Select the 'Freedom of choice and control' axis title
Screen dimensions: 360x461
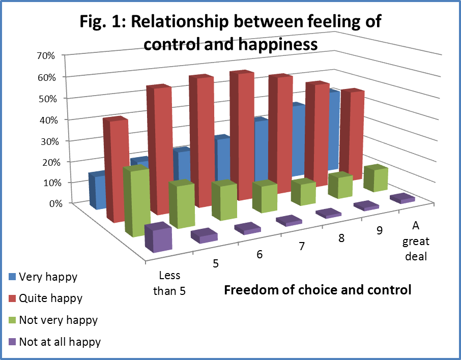pos(318,291)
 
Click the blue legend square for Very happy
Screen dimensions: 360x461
pos(13,277)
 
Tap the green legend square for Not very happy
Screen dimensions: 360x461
pos(13,320)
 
